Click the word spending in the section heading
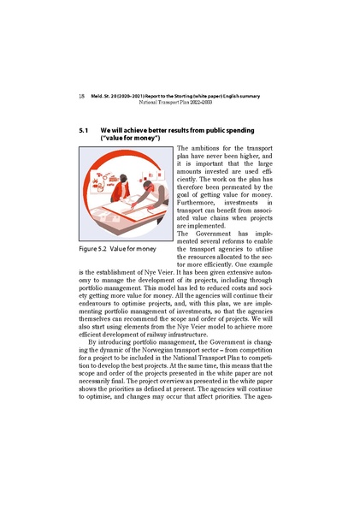coord(267,129)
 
